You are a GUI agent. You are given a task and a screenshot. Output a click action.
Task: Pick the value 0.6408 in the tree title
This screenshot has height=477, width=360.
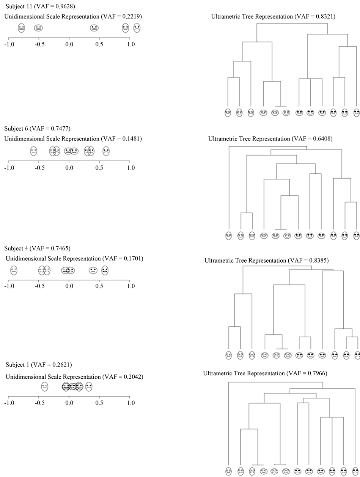click(x=320, y=139)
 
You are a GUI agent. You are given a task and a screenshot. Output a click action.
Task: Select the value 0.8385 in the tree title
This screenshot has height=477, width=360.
click(x=316, y=261)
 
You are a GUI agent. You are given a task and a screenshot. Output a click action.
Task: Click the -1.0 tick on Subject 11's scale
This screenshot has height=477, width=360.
click(x=9, y=44)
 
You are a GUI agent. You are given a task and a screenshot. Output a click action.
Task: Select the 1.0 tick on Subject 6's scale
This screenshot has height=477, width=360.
click(x=130, y=168)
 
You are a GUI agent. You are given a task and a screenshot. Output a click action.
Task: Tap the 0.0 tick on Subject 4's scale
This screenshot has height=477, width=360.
click(x=69, y=287)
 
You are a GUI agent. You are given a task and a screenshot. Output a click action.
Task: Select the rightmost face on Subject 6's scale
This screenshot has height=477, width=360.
click(x=106, y=151)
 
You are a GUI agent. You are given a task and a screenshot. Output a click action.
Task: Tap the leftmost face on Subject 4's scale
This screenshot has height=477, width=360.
click(x=14, y=270)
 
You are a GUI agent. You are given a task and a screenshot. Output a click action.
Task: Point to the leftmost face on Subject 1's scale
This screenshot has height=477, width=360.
click(x=45, y=387)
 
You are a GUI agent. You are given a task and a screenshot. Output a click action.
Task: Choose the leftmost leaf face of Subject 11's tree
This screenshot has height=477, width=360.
click(x=228, y=113)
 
